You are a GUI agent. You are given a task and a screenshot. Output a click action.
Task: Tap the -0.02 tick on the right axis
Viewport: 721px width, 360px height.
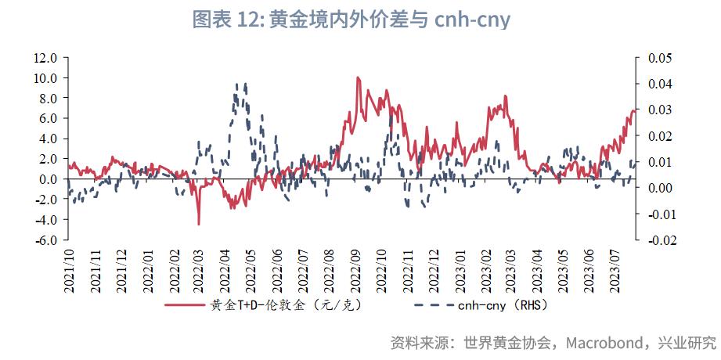click(x=659, y=240)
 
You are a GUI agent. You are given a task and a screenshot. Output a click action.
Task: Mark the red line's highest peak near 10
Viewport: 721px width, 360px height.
click(x=357, y=77)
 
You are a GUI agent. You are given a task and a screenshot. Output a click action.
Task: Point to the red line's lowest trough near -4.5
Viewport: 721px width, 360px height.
click(x=199, y=224)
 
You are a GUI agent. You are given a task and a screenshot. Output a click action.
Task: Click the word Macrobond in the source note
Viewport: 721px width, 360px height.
click(x=604, y=343)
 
